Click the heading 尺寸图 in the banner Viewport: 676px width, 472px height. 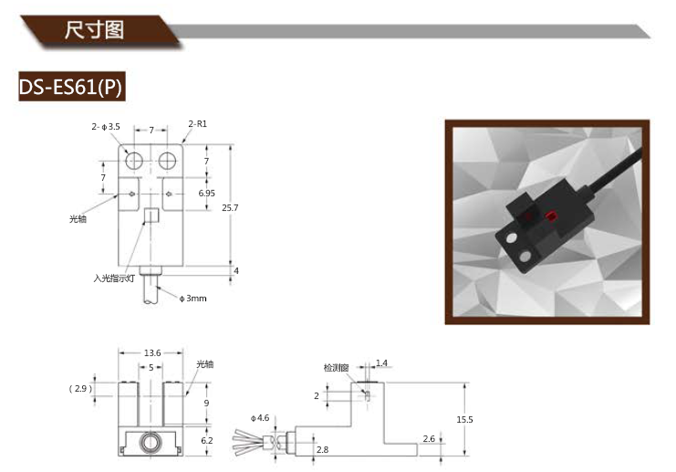[94, 29]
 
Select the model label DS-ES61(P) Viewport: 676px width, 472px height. [70, 87]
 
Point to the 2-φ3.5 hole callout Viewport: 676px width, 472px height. [106, 128]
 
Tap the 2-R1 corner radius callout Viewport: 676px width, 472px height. [197, 123]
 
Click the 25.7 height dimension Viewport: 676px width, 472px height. [230, 208]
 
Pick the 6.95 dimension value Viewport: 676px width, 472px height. [207, 194]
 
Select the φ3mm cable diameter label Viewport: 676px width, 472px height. [192, 299]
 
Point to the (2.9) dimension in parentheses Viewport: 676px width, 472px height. [80, 389]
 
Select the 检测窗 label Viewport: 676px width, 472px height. [337, 368]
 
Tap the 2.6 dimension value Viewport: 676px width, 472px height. [428, 439]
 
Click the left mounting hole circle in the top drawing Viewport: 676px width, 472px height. [135, 162]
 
